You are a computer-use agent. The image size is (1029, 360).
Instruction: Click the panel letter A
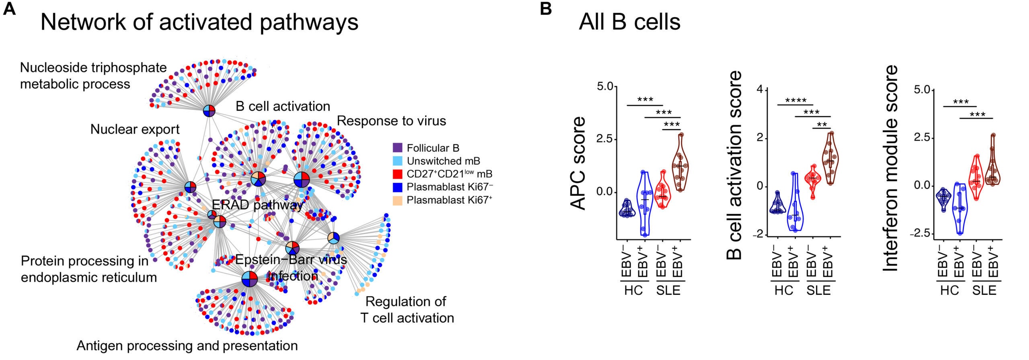point(9,9)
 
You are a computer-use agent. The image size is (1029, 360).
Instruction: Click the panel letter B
point(545,9)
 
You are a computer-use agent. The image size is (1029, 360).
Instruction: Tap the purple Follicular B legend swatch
point(398,148)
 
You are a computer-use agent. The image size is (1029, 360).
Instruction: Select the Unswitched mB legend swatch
point(398,161)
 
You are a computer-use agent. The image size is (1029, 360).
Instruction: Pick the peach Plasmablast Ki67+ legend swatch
point(398,200)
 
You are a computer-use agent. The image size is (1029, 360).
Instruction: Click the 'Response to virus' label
point(391,121)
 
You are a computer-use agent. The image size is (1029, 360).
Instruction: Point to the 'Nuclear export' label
point(135,129)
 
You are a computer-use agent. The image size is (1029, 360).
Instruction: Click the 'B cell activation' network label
point(283,106)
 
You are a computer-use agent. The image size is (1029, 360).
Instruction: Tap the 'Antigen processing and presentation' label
point(187,346)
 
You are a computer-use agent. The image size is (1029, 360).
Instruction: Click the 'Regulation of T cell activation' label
point(407,310)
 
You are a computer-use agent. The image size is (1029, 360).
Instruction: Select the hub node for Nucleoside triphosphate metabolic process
point(209,110)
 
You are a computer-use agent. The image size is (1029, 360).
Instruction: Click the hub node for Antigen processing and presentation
point(250,279)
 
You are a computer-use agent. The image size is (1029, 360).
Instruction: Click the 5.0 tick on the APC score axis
point(605,86)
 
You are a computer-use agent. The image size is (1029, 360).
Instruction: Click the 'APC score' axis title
point(578,163)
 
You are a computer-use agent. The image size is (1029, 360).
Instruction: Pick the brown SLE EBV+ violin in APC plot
point(680,165)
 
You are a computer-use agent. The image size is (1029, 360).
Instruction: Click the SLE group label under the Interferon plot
point(984,290)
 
